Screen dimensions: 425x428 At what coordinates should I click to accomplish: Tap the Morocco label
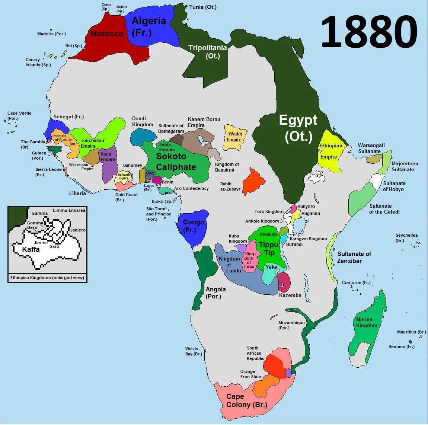pos(107,33)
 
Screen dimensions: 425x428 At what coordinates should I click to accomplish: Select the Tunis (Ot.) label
pos(202,7)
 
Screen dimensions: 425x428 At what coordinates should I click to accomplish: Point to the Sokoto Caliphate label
pos(175,162)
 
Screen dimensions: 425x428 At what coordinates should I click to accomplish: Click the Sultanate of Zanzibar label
pos(354,257)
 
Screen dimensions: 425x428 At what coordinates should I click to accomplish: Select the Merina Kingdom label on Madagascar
pos(366,322)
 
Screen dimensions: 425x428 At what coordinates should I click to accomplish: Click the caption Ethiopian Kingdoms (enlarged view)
pos(47,278)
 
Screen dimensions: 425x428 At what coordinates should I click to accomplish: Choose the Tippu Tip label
pos(269,249)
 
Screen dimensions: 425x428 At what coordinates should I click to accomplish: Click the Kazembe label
pos(290,295)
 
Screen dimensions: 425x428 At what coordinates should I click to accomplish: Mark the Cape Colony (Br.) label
pos(246,401)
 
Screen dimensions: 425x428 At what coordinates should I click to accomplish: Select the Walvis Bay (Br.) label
pos(194,351)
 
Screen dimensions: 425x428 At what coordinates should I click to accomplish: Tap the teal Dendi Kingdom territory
pos(143,138)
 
